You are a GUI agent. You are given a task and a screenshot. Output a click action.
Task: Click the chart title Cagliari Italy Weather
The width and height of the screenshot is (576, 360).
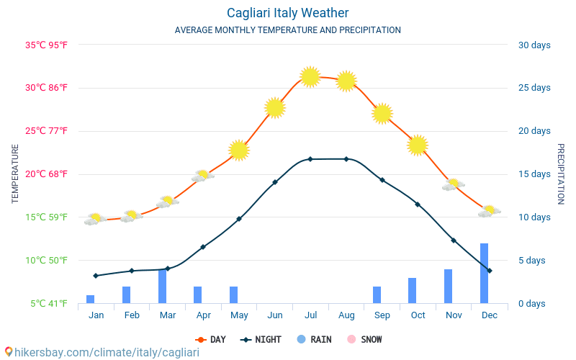coord(287,13)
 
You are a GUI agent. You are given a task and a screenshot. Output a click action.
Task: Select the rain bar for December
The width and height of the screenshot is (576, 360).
coord(484,274)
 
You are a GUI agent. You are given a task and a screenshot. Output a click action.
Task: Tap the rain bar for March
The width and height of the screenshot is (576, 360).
coord(163,287)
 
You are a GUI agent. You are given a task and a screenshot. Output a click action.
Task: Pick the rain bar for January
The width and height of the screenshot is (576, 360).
coord(91,299)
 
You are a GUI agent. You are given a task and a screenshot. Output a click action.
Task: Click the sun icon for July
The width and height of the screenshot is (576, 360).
coord(310,76)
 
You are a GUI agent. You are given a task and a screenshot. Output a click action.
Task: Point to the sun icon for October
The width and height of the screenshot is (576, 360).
coord(418,145)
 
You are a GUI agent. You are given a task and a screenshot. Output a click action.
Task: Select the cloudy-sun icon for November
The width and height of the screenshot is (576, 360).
coord(453,185)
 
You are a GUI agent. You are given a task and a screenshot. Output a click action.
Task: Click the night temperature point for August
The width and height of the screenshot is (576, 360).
coord(346,159)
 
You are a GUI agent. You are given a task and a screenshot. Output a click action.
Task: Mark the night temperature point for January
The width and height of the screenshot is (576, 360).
coord(96,276)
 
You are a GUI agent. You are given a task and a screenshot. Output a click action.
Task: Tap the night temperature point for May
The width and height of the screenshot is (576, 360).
coord(239,219)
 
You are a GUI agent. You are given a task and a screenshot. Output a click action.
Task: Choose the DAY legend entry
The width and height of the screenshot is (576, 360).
coord(210,339)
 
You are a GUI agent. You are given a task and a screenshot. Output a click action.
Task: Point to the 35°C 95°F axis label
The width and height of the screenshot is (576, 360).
coord(47,45)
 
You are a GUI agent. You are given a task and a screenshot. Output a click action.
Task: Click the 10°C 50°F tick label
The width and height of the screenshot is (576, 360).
coord(47,260)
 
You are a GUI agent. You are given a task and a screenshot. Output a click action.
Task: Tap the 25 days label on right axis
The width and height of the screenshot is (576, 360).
coord(534,88)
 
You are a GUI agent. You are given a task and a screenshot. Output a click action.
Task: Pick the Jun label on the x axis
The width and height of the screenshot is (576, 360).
coord(274,315)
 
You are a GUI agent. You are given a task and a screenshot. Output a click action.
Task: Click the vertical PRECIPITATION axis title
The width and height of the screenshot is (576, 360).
coord(560,174)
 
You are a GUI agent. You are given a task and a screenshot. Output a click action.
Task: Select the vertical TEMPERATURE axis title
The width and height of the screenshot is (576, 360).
coord(15,174)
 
